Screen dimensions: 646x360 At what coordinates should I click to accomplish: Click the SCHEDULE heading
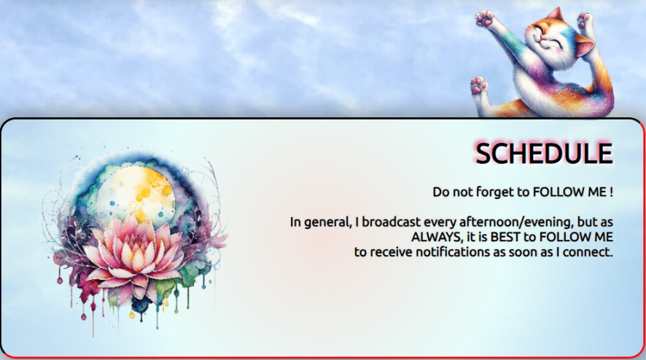pyautogui.click(x=544, y=153)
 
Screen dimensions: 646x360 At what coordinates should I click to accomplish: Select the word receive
pyautogui.click(x=389, y=252)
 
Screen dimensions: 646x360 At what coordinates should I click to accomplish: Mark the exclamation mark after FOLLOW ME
pyautogui.click(x=610, y=192)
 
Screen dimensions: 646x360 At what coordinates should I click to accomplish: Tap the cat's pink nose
pyautogui.click(x=545, y=38)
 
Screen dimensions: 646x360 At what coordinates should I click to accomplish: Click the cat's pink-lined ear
pyautogui.click(x=585, y=46)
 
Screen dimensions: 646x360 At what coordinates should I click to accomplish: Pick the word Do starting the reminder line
pyautogui.click(x=440, y=192)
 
